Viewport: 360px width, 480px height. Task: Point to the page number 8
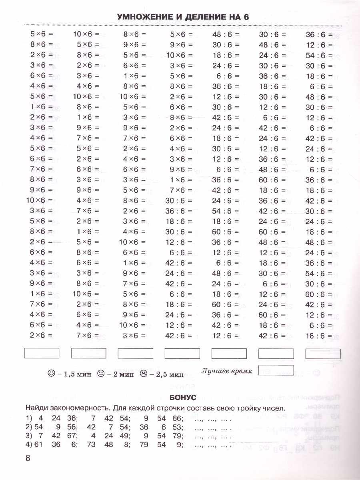click(28, 458)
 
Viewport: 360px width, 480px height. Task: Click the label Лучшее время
click(226, 371)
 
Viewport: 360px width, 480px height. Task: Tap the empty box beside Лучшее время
click(276, 371)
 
